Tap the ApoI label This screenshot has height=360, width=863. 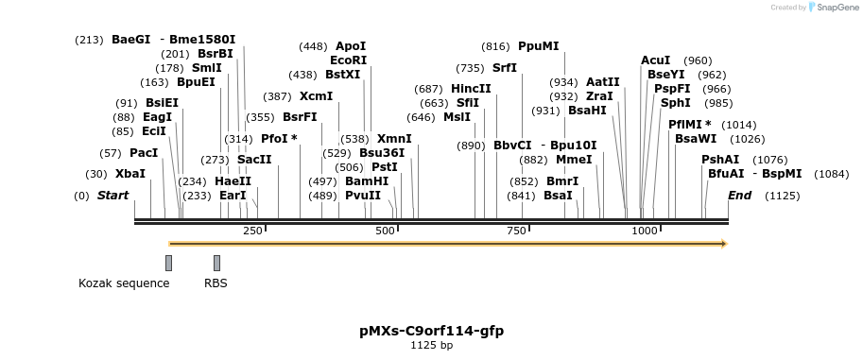pyautogui.click(x=351, y=45)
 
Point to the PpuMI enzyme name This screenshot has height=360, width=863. pyautogui.click(x=539, y=45)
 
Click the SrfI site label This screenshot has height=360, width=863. pyautogui.click(x=505, y=67)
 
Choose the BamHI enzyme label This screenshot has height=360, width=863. pyautogui.click(x=367, y=180)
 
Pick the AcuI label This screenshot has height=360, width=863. pyautogui.click(x=655, y=60)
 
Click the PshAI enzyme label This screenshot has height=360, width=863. pyautogui.click(x=720, y=159)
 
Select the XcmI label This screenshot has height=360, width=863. pyautogui.click(x=316, y=95)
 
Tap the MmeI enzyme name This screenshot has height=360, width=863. pyautogui.click(x=574, y=159)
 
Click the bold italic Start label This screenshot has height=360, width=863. pyautogui.click(x=112, y=195)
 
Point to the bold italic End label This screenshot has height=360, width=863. pyautogui.click(x=739, y=195)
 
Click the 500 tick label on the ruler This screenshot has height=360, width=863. pyautogui.click(x=386, y=231)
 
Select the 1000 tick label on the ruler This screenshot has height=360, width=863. pyautogui.click(x=645, y=231)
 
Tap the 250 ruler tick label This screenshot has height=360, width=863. pyautogui.click(x=252, y=231)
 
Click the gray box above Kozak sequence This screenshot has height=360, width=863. pyautogui.click(x=168, y=263)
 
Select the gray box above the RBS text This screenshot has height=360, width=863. pyautogui.click(x=216, y=263)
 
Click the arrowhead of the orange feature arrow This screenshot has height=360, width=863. pyautogui.click(x=723, y=244)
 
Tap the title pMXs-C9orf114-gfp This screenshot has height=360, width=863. pyautogui.click(x=431, y=331)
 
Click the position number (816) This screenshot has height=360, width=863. pyautogui.click(x=496, y=45)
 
